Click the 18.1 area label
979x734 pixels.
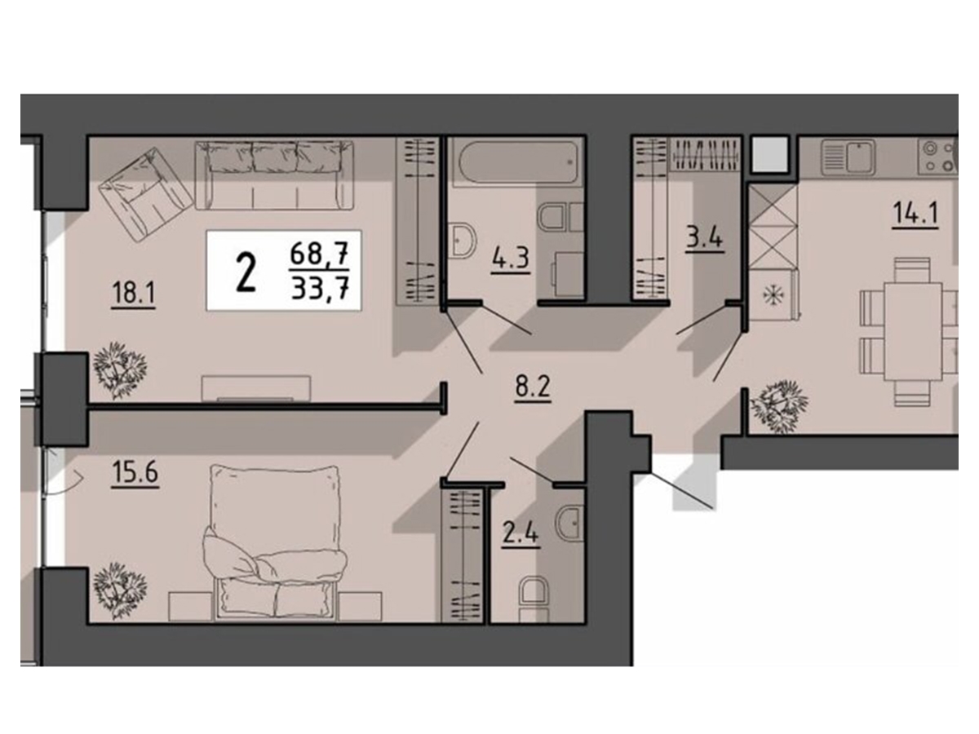click(133, 294)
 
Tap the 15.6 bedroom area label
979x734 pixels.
click(135, 473)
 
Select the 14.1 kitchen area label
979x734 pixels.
click(915, 214)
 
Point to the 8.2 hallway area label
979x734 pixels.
click(533, 387)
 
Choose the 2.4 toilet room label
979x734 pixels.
click(521, 535)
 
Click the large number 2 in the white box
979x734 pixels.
click(246, 271)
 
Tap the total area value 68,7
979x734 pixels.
click(319, 255)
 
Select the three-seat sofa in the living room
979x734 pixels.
click(274, 175)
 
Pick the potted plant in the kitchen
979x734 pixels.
click(779, 406)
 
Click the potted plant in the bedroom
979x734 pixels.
click(120, 591)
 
